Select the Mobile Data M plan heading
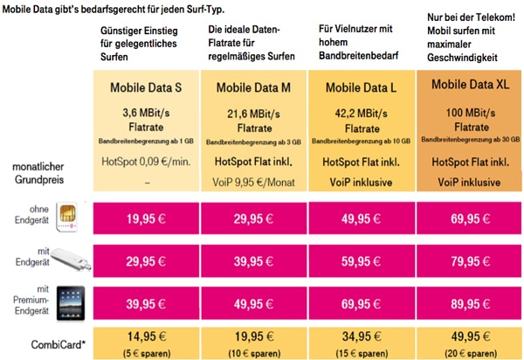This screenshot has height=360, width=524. pyautogui.click(x=255, y=87)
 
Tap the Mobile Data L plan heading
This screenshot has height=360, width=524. pyautogui.click(x=362, y=87)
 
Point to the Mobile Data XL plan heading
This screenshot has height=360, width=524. pyautogui.click(x=468, y=87)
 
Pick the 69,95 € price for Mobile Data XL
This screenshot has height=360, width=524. pyautogui.click(x=468, y=218)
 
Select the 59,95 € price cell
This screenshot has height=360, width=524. pyautogui.click(x=362, y=261)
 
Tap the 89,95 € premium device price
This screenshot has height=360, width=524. pyautogui.click(x=468, y=304)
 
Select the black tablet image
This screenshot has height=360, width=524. pyautogui.click(x=69, y=304)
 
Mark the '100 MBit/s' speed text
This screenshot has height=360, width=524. pyautogui.click(x=468, y=112)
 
